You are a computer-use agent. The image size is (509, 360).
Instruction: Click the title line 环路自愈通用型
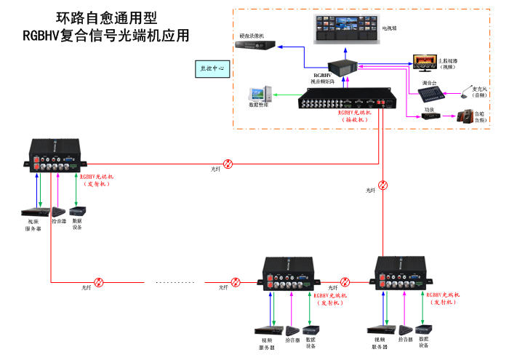[x=106, y=17]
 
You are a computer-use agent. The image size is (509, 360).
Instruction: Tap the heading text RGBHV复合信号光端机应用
[x=105, y=34]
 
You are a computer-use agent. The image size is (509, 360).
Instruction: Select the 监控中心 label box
[x=212, y=68]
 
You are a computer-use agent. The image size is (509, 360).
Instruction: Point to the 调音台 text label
[x=430, y=82]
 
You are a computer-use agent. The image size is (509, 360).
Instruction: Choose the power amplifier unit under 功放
[x=430, y=116]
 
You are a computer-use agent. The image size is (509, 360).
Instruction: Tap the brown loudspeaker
[x=463, y=115]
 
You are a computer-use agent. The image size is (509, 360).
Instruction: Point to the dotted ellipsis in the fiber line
[x=170, y=282]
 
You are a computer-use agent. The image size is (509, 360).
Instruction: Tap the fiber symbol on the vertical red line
[x=384, y=185]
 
